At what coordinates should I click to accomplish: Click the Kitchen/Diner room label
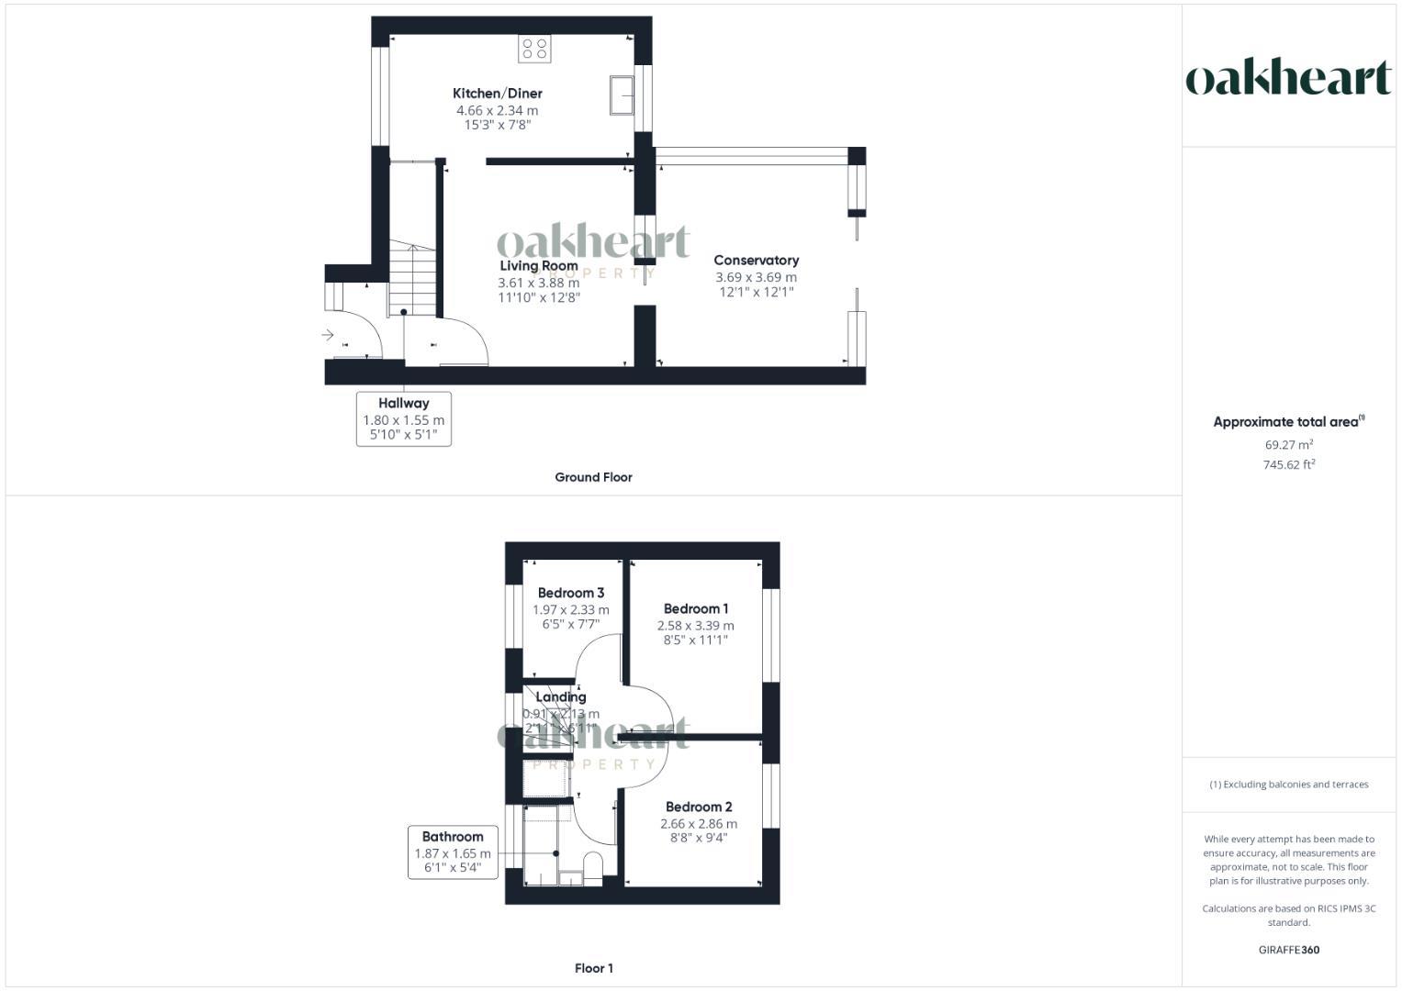pyautogui.click(x=497, y=94)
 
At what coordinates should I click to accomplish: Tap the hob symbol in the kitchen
pyautogui.click(x=534, y=49)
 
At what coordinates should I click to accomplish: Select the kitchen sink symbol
pyautogui.click(x=622, y=95)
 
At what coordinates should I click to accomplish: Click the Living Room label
pyautogui.click(x=539, y=266)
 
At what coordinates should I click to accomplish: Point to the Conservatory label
pyautogui.click(x=756, y=261)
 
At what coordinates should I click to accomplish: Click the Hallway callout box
pyautogui.click(x=403, y=418)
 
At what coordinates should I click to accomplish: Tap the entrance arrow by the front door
pyautogui.click(x=328, y=335)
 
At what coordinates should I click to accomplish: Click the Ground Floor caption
pyautogui.click(x=593, y=477)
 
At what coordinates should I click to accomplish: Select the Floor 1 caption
pyautogui.click(x=593, y=968)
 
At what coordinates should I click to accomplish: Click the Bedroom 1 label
pyautogui.click(x=696, y=609)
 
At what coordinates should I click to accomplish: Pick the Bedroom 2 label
pyautogui.click(x=699, y=807)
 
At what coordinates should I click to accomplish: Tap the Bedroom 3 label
pyautogui.click(x=570, y=594)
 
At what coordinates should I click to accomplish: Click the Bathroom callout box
pyautogui.click(x=453, y=852)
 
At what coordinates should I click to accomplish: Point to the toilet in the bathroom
pyautogui.click(x=593, y=867)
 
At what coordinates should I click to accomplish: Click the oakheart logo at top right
pyautogui.click(x=1288, y=78)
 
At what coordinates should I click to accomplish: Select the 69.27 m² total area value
pyautogui.click(x=1288, y=445)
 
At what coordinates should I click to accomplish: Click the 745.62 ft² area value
pyautogui.click(x=1288, y=465)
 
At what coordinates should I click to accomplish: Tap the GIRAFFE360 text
pyautogui.click(x=1288, y=951)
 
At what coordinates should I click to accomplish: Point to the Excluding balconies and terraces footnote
pyautogui.click(x=1288, y=785)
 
